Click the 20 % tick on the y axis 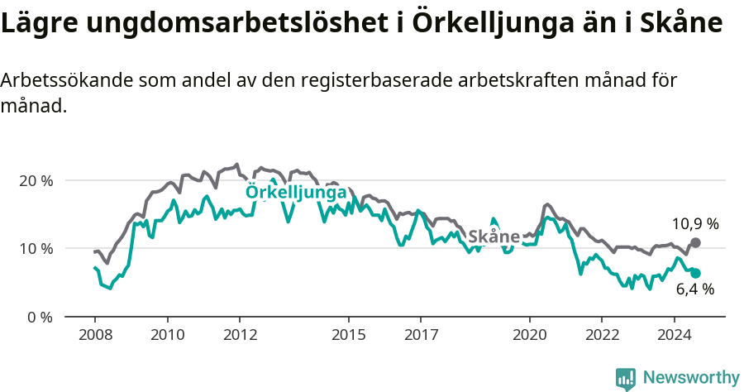(x=36, y=180)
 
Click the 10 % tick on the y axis (x=36, y=248)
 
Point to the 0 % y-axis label (x=40, y=317)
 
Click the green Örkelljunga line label (x=296, y=193)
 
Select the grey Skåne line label (x=494, y=237)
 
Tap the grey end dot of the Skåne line (x=695, y=242)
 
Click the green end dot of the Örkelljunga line (x=695, y=273)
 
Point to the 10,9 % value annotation (x=694, y=223)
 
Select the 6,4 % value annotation (x=694, y=289)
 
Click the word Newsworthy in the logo (x=691, y=378)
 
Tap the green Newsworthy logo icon (x=626, y=379)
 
